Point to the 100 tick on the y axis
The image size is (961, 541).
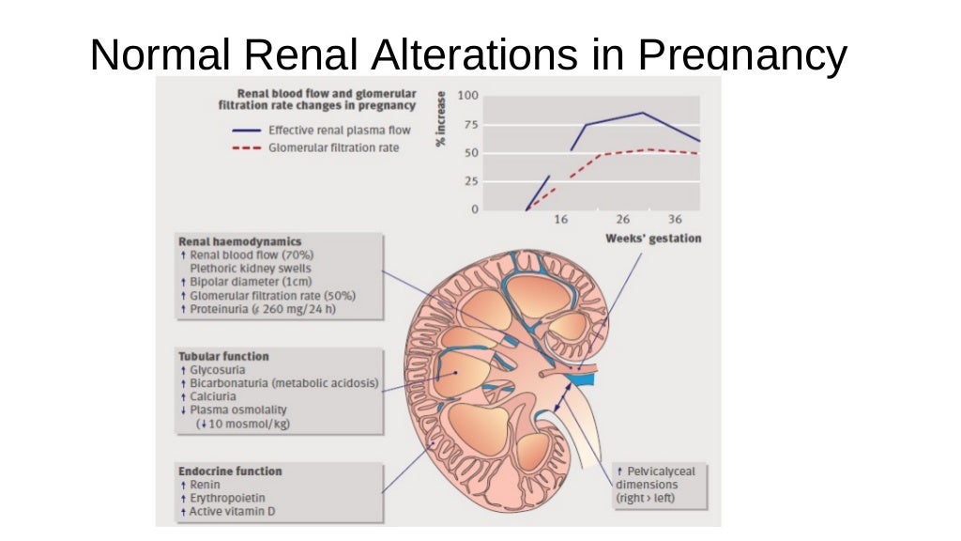point(467,96)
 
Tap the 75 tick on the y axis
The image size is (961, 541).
point(470,125)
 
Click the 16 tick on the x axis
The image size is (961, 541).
point(561,220)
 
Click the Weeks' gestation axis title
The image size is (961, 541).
point(653,239)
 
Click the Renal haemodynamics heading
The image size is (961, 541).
point(239,241)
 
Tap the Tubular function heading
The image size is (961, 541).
point(223,356)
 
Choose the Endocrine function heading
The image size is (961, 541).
point(230,471)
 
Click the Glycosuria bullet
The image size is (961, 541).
point(217,370)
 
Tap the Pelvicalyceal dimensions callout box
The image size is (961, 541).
point(658,484)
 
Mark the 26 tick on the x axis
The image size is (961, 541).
point(622,220)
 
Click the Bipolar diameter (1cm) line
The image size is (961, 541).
point(250,282)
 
